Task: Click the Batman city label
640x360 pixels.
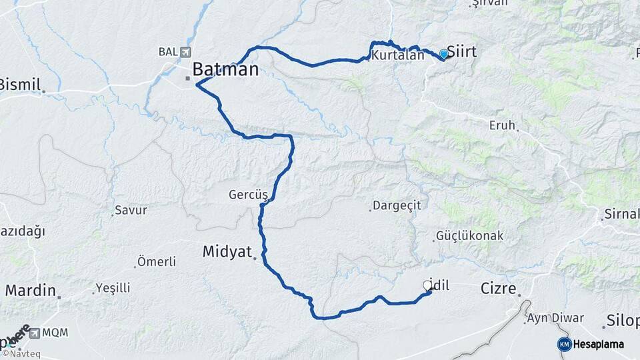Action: click(x=225, y=69)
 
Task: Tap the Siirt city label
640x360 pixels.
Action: click(x=461, y=51)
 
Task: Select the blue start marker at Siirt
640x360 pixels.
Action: click(x=443, y=53)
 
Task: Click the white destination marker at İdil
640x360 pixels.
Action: click(x=427, y=285)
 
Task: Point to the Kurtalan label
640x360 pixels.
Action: click(x=399, y=55)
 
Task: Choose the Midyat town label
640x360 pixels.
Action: click(x=227, y=251)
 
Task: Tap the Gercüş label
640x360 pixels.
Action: click(x=248, y=195)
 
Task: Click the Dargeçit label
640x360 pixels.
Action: click(x=397, y=206)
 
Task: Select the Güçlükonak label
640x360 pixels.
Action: click(x=469, y=236)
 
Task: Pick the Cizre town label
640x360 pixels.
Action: click(x=499, y=289)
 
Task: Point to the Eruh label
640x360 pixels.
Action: click(x=503, y=125)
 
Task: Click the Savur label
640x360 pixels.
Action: click(x=131, y=210)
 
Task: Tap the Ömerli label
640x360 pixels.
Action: click(x=156, y=261)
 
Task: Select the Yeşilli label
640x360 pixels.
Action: click(x=113, y=288)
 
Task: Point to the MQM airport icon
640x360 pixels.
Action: click(x=34, y=332)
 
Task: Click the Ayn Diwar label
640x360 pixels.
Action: click(x=555, y=318)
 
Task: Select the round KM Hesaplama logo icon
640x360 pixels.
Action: click(x=564, y=344)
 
